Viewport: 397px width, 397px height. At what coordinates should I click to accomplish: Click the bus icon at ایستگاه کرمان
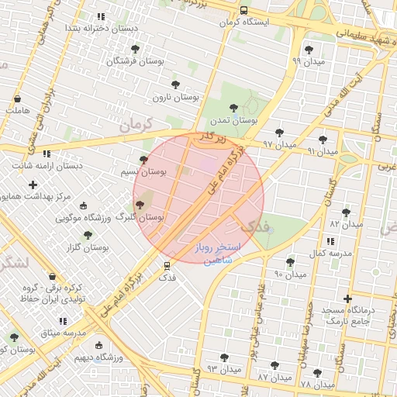tap(244, 11)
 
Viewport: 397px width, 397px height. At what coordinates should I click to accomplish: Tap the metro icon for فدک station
tap(167, 265)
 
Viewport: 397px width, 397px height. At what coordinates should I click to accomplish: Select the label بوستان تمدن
tap(233, 120)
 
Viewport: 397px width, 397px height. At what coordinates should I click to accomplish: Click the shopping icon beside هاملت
tap(17, 99)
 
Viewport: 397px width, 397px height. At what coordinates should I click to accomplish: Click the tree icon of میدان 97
tap(279, 133)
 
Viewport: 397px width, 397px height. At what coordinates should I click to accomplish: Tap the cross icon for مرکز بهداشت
tap(32, 185)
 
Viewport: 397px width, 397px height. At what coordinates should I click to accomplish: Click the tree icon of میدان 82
tap(346, 212)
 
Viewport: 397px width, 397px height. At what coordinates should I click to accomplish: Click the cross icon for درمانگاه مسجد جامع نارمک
tap(347, 299)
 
